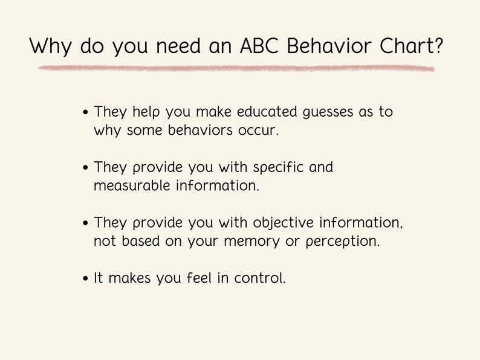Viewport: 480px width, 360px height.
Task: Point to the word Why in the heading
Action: tap(51, 46)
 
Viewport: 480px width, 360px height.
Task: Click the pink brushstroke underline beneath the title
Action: tap(236, 68)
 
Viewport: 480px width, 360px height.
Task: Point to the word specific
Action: tap(278, 168)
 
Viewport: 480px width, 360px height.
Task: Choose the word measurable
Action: tap(132, 186)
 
